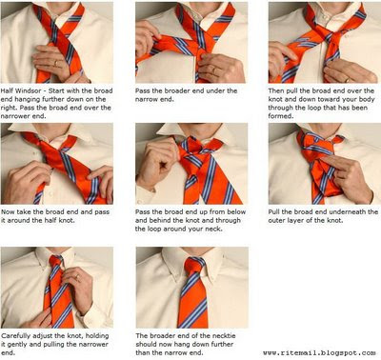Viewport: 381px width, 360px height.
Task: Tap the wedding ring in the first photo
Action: (56, 63)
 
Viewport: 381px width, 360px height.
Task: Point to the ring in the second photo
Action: (214, 70)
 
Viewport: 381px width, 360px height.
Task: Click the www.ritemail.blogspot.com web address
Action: (319, 352)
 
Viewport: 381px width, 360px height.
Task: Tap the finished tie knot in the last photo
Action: (192, 265)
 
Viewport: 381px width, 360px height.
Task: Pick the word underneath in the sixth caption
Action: (348, 211)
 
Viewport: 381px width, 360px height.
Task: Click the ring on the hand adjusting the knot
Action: (77, 277)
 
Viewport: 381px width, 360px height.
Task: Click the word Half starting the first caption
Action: (7, 90)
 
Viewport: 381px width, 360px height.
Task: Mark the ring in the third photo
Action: (348, 80)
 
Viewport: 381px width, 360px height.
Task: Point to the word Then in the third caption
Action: (276, 90)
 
